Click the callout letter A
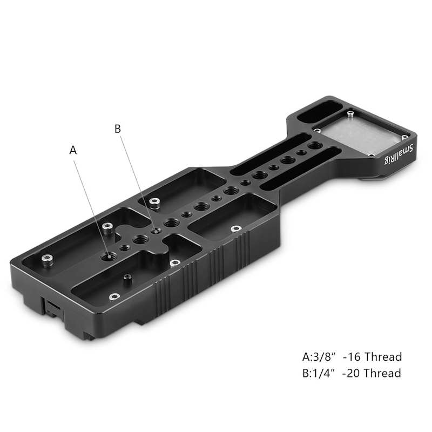(73, 151)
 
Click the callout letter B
(118, 129)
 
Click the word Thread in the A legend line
(382, 357)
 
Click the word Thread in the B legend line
(382, 373)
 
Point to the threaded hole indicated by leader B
(157, 231)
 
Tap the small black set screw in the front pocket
(128, 278)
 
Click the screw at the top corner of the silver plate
(350, 114)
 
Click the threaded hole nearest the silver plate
(312, 146)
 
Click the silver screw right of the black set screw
(174, 263)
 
